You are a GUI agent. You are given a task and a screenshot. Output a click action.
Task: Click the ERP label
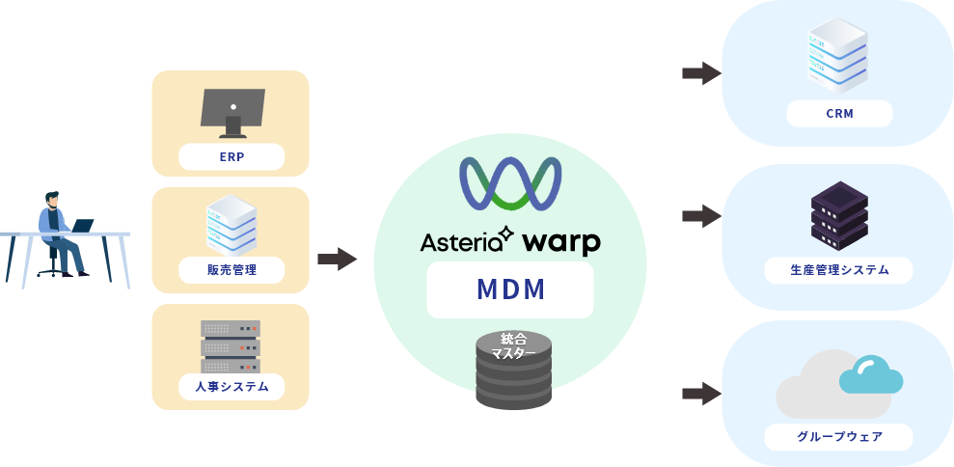232,156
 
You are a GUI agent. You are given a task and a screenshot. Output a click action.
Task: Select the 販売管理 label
232,270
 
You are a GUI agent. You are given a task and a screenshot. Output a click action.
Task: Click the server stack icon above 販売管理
232,224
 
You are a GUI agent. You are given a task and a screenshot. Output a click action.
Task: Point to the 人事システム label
232,388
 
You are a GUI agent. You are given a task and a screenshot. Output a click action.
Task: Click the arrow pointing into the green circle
336,259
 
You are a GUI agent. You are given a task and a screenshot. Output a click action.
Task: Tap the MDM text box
510,289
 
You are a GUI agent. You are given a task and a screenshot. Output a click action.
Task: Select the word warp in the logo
561,241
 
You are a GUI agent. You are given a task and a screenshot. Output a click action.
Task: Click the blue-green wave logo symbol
510,183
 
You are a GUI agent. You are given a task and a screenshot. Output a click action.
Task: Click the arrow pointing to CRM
701,73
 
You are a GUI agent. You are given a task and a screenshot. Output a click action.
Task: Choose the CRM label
839,114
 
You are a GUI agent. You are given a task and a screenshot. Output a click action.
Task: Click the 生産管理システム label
839,271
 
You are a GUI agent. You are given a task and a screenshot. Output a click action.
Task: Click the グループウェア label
839,437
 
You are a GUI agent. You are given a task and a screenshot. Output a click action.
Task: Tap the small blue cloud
870,374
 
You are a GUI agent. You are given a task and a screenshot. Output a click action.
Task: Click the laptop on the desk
81,226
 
